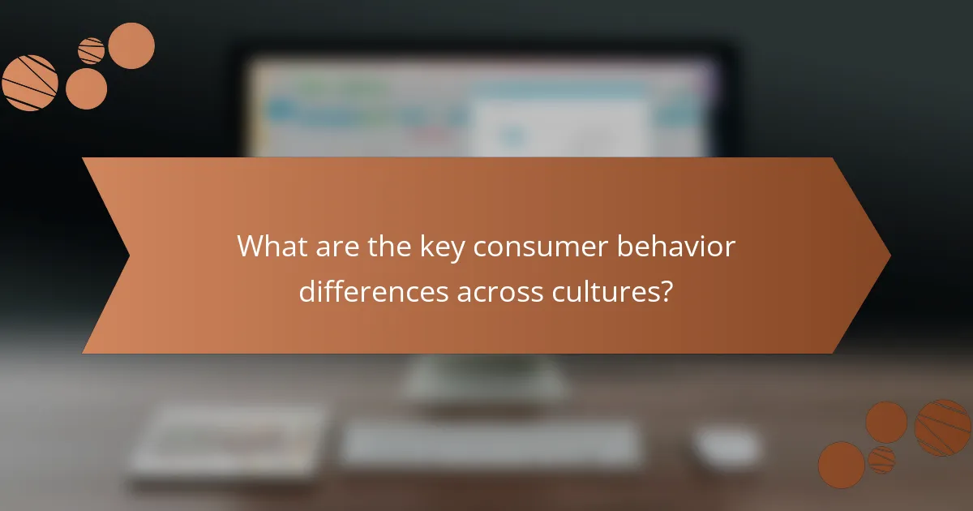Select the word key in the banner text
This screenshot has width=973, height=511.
point(439,247)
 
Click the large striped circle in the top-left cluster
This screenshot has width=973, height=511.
point(30,83)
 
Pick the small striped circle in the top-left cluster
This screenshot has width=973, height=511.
point(91,51)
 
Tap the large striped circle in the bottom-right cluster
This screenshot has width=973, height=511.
point(943,427)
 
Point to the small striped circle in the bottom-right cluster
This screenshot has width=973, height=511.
point(881,460)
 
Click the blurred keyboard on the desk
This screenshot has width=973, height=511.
point(490,444)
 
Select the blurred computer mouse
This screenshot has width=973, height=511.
point(727,445)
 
